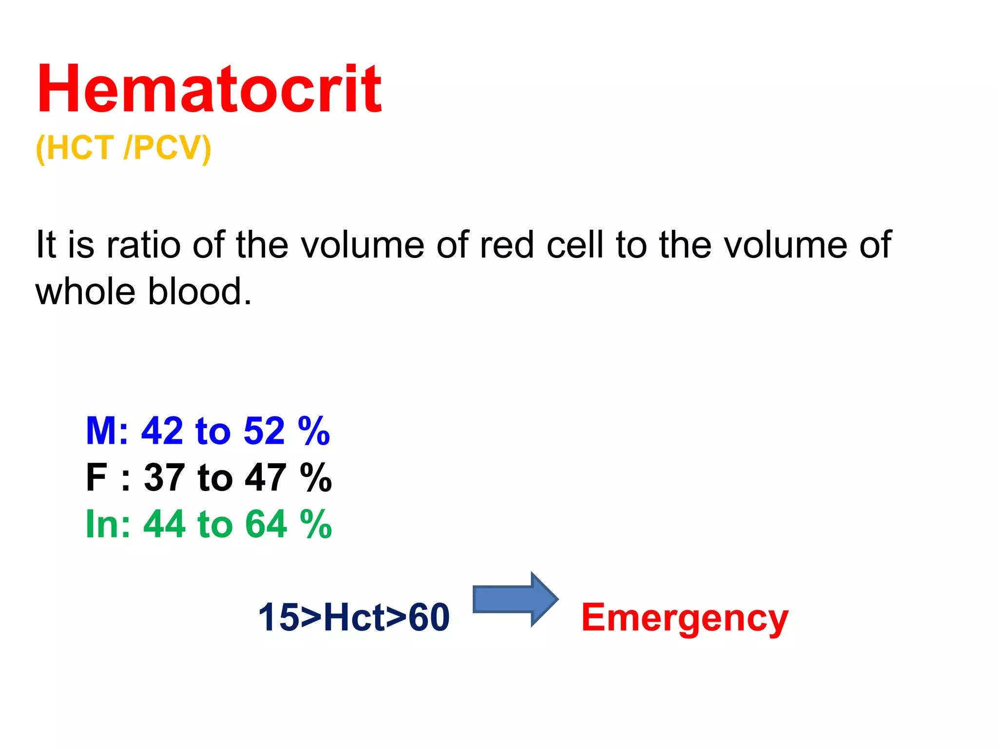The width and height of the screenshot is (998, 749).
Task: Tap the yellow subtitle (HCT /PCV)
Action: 124,148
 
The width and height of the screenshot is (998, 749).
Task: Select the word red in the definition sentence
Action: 507,245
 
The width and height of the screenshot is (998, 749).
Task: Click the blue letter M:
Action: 107,431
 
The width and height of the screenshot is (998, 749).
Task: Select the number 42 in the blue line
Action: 162,431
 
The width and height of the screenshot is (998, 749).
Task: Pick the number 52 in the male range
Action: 264,431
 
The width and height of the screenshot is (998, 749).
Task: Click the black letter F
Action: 96,478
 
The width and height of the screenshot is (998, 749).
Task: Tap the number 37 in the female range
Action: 164,478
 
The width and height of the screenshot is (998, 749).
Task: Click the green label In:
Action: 108,525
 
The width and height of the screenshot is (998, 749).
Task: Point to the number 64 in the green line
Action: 266,525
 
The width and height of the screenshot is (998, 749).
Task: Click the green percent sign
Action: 316,525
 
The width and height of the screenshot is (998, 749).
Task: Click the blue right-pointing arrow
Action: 515,599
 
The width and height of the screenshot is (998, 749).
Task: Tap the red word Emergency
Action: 685,618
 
